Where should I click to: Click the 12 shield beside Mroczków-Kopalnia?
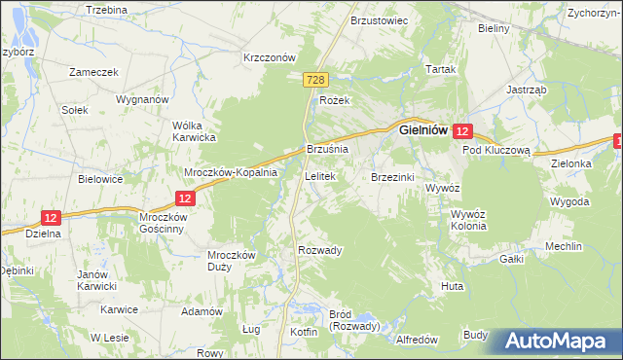[x=188, y=198]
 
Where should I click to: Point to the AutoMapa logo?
[x=559, y=342]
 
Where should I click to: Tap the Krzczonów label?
[x=269, y=57]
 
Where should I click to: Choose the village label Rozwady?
[x=320, y=250]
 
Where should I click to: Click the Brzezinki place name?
[x=393, y=177]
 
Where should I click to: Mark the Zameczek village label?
[x=93, y=72]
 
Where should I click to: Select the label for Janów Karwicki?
[x=97, y=280]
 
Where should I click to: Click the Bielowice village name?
[x=100, y=179]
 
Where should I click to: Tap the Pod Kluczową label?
[x=495, y=151]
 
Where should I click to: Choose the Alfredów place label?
[x=418, y=340]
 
